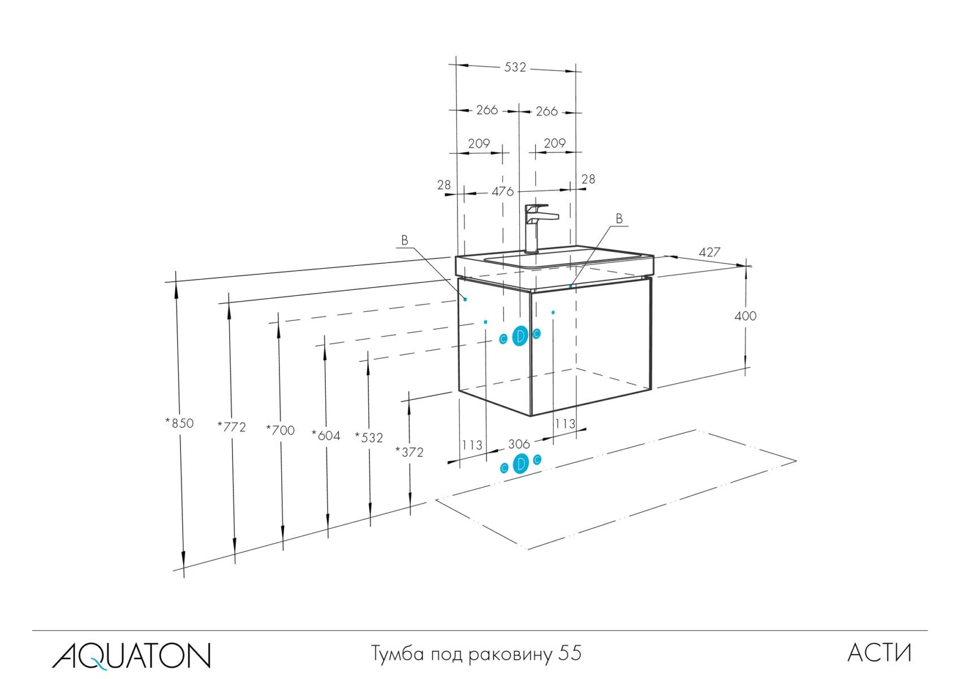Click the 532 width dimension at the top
[515, 67]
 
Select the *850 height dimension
[180, 423]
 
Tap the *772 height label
[232, 427]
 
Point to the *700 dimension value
[281, 431]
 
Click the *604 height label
[326, 435]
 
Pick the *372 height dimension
[410, 452]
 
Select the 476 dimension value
[502, 192]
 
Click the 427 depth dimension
[709, 252]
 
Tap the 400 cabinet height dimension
[745, 316]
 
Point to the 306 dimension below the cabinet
[518, 444]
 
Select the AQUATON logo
[131, 655]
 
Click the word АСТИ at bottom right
[880, 654]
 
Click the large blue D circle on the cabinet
[520, 337]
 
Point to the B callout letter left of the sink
[404, 240]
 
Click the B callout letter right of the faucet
[619, 218]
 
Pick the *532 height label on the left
[369, 438]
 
